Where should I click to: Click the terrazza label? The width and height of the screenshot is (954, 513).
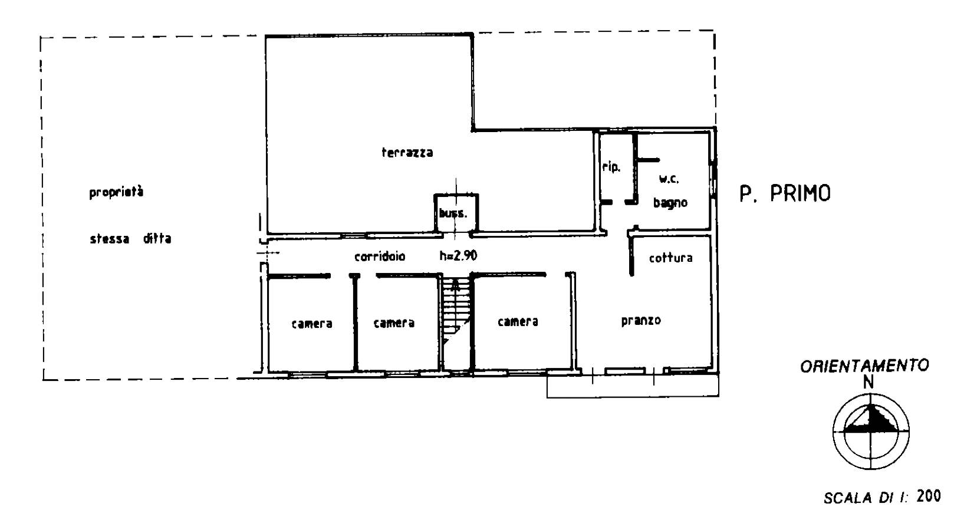tap(407, 152)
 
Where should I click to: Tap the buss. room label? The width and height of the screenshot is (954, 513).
tap(453, 213)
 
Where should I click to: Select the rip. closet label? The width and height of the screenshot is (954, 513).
tap(611, 167)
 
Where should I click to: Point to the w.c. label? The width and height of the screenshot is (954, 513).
tap(669, 179)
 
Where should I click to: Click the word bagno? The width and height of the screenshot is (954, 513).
tap(670, 202)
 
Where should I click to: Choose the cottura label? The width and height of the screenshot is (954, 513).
tap(671, 258)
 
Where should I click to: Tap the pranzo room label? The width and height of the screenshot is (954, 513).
tap(641, 320)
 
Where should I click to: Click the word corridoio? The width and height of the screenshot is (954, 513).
tap(380, 256)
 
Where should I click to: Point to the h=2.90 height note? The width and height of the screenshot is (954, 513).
tap(458, 256)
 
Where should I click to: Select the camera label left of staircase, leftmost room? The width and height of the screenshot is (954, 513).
tap(312, 324)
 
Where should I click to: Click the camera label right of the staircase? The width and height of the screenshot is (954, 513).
tap(518, 321)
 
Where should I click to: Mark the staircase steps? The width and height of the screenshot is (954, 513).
tap(456, 311)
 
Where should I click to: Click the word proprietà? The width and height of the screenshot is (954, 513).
tap(116, 192)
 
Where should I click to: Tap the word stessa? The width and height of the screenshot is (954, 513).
tap(110, 239)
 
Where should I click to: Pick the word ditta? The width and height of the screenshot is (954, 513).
tap(157, 238)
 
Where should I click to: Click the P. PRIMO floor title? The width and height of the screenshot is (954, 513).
tap(785, 193)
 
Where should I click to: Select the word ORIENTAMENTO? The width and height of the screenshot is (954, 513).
tap(864, 366)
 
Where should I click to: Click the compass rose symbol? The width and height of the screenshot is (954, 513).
tap(871, 432)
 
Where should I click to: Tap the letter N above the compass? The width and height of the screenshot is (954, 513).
tap(868, 383)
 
